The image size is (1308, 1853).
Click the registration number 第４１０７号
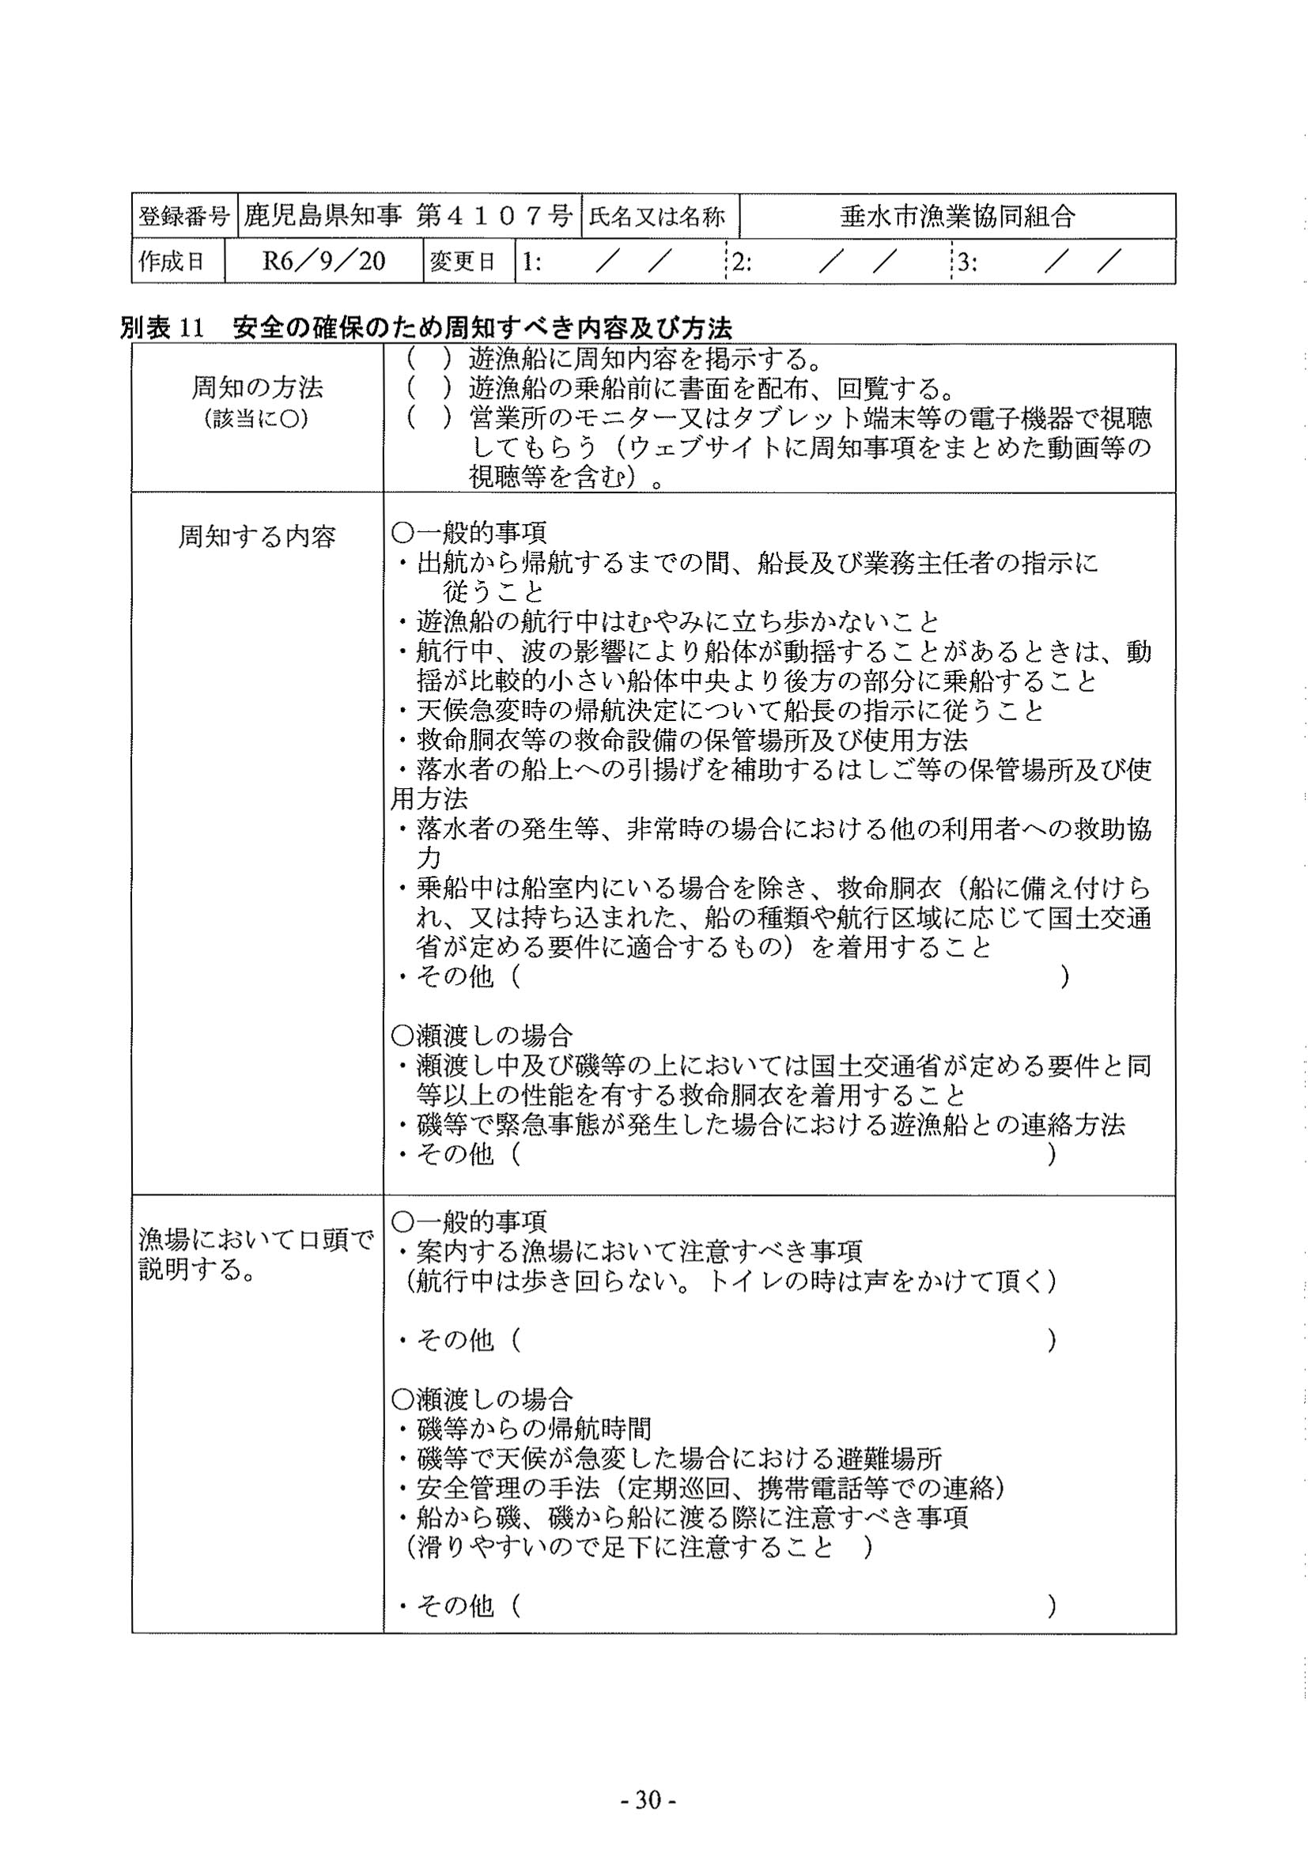(x=494, y=216)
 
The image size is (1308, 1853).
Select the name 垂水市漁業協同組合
(x=958, y=216)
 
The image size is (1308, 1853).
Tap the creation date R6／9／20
(x=323, y=261)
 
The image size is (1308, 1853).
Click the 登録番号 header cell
(x=184, y=217)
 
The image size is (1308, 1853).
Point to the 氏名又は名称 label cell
(x=657, y=217)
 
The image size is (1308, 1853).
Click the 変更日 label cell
(x=463, y=262)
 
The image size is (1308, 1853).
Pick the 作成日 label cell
(x=172, y=262)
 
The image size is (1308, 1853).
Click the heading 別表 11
(x=162, y=327)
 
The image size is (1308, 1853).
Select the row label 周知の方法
(x=257, y=387)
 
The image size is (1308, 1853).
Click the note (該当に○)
(x=257, y=419)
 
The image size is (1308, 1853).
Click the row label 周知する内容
(x=257, y=536)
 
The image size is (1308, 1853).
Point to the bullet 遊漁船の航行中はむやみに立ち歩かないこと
(x=679, y=621)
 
